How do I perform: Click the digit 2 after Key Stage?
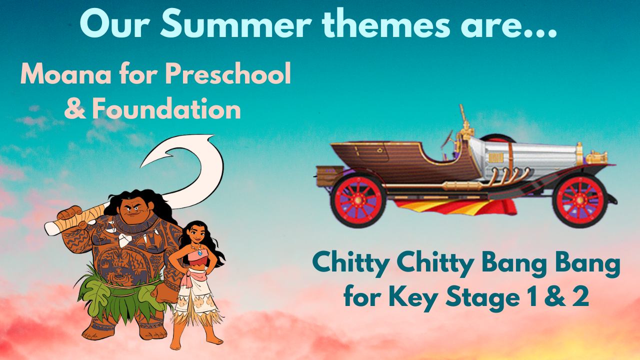(580, 297)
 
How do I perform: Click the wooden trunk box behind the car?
(330, 175)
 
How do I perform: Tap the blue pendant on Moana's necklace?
(199, 253)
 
